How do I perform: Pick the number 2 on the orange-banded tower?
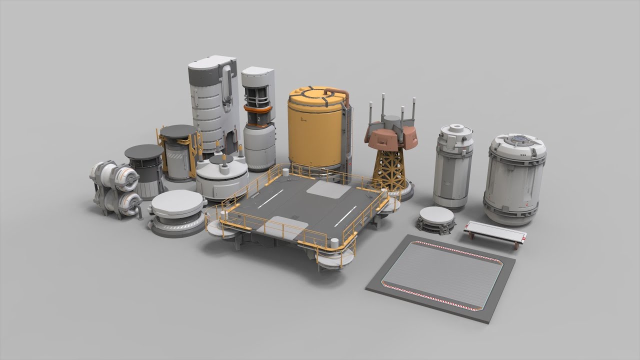click(258, 120)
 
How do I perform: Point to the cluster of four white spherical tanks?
click(115, 188)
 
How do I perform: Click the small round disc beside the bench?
click(436, 218)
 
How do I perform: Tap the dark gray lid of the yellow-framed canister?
click(177, 131)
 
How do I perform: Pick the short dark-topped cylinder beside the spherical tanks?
click(145, 170)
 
